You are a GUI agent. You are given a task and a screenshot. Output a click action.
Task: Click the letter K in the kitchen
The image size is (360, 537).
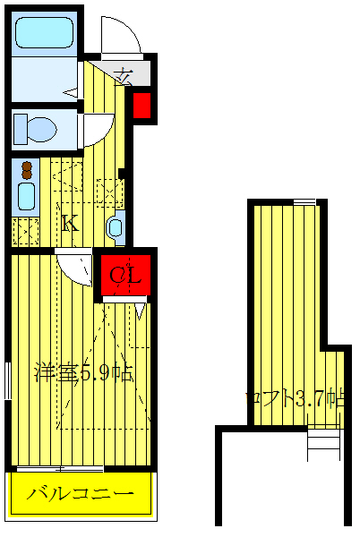(x=69, y=223)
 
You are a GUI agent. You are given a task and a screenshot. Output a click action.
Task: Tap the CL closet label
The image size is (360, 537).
(x=125, y=277)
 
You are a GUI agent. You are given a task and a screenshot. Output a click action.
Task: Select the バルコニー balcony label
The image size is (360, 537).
(x=80, y=494)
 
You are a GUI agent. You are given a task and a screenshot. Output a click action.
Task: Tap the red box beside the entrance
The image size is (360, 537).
(x=141, y=106)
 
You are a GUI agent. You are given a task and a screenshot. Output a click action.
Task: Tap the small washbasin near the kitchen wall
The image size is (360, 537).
(x=116, y=226)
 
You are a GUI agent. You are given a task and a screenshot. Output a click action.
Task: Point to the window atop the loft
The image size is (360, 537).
(x=304, y=202)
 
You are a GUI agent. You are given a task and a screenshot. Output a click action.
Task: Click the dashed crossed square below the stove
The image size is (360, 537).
(x=25, y=231)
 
